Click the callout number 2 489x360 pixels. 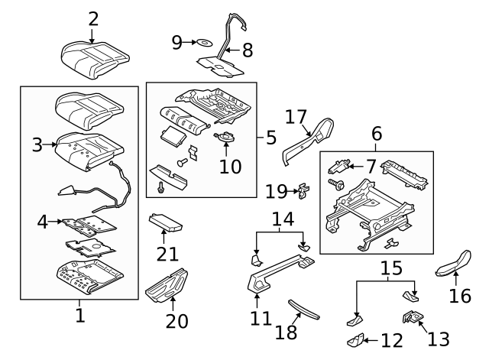pyautogui.click(x=93, y=18)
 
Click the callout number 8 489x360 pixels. pyautogui.click(x=248, y=50)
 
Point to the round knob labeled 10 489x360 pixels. pyautogui.click(x=225, y=138)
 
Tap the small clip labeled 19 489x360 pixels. pyautogui.click(x=303, y=187)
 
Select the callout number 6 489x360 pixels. pyautogui.click(x=376, y=134)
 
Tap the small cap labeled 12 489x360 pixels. pyautogui.click(x=356, y=339)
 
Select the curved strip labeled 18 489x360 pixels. pyautogui.click(x=304, y=310)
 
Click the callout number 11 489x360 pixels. pyautogui.click(x=261, y=316)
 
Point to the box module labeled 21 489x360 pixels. pyautogui.click(x=166, y=224)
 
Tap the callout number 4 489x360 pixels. pyautogui.click(x=44, y=222)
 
